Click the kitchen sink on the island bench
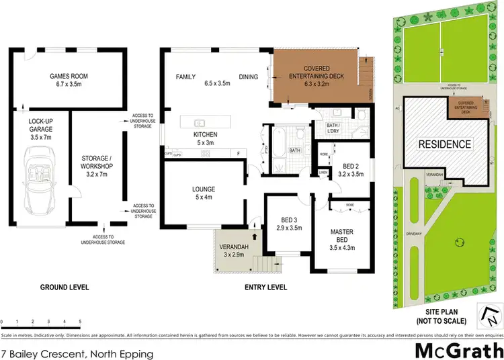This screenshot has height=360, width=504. click(200, 123)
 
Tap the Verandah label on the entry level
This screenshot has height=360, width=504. click(234, 250)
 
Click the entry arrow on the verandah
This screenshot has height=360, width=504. click(253, 236)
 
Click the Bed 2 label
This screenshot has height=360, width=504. click(353, 170)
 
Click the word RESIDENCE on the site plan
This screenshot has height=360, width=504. click(445, 144)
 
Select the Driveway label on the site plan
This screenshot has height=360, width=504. click(404, 234)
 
